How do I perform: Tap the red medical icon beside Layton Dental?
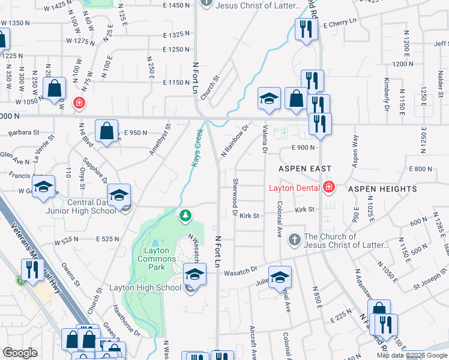pos(328,188)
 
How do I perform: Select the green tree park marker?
pos(186,215)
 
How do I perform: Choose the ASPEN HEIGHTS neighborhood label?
pos(382,189)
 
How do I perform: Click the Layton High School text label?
pos(145,287)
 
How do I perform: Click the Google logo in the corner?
pos(20,352)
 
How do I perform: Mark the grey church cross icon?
pos(294,239)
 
